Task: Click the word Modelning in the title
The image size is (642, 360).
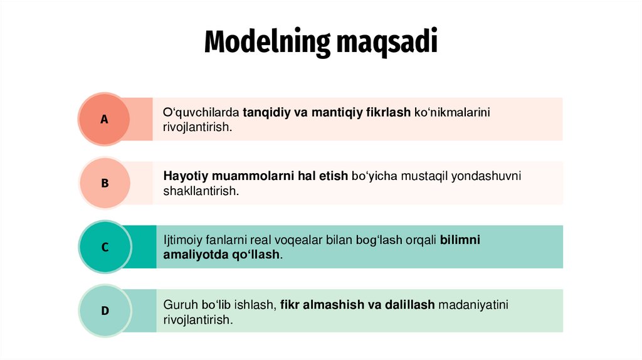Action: [x=267, y=41]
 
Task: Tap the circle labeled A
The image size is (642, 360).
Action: [x=104, y=119]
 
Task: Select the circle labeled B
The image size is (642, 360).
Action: [x=105, y=183]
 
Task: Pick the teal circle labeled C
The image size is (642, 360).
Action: [x=105, y=247]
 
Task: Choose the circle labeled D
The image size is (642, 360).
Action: [x=105, y=310]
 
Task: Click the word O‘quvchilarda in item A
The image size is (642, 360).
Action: [x=201, y=113]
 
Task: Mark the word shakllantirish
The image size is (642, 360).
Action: [x=201, y=191]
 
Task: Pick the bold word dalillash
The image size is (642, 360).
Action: [x=410, y=305]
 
